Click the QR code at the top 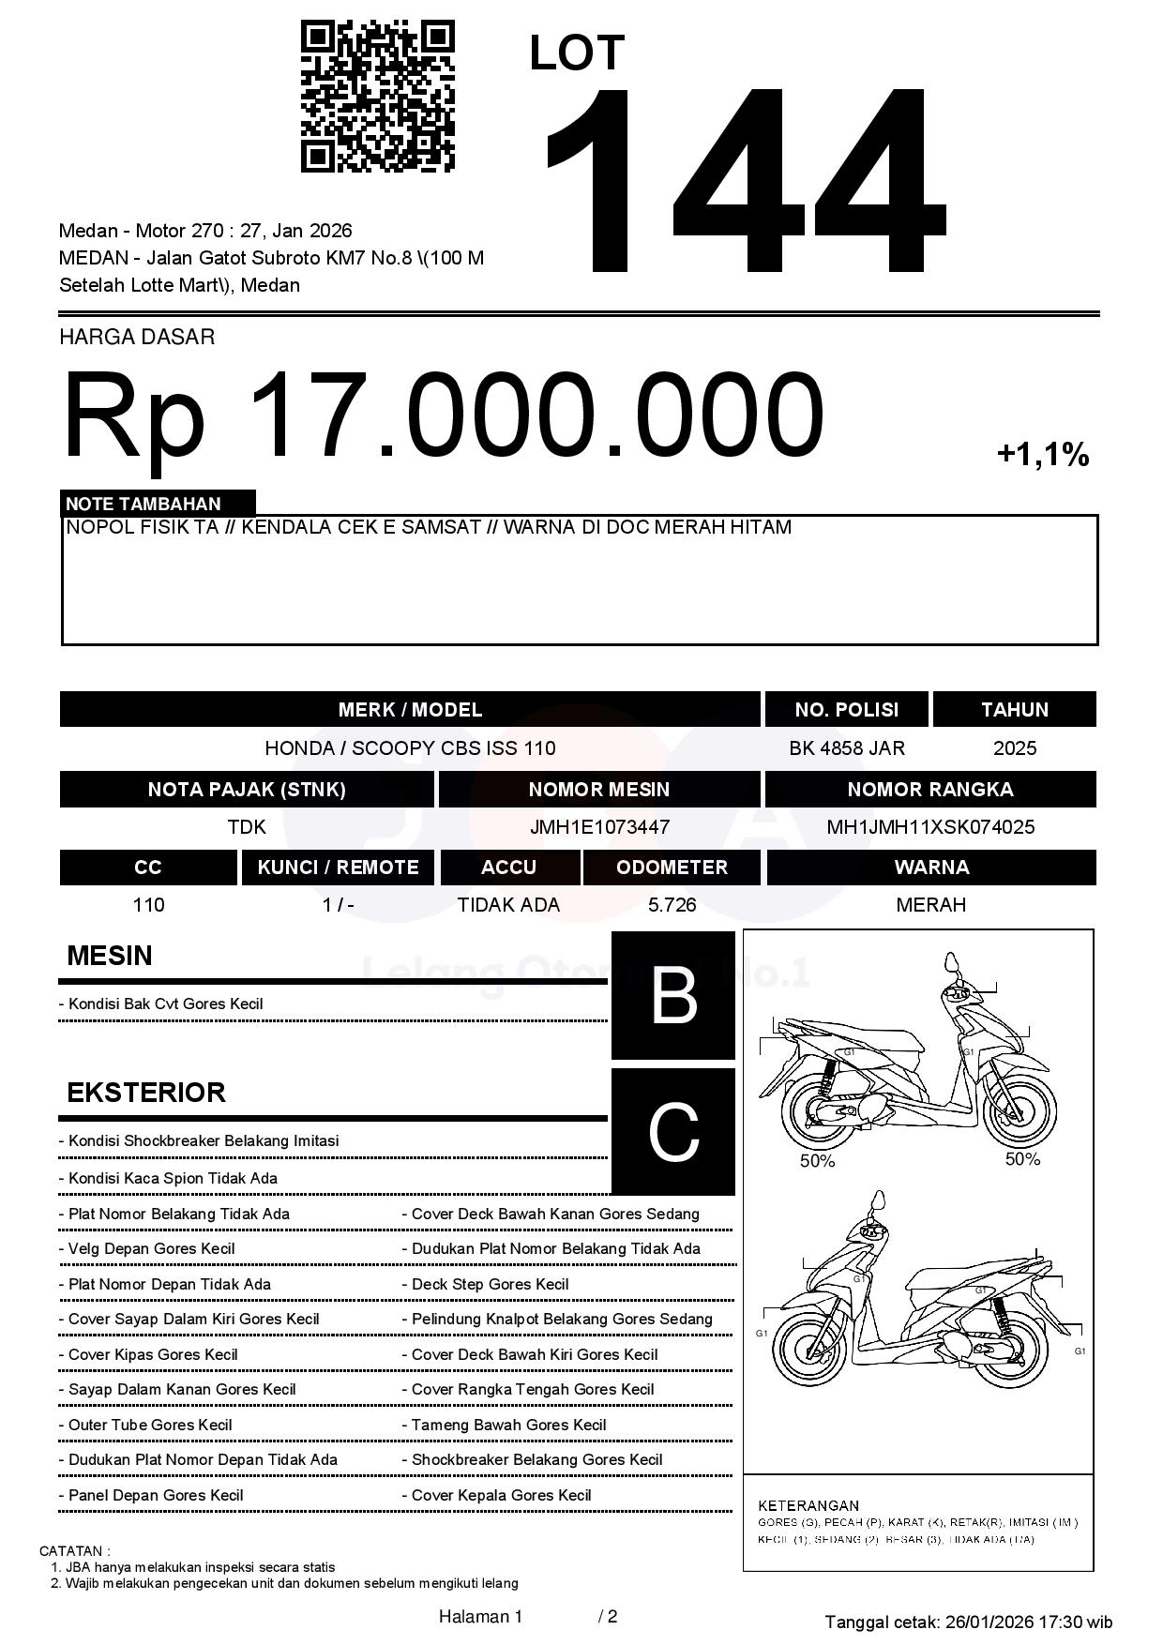[377, 98]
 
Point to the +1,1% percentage [1042, 456]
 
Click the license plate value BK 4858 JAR [847, 748]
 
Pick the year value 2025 [1015, 748]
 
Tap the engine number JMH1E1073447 [599, 827]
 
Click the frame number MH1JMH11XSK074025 [930, 827]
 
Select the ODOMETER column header [672, 868]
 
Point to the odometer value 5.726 [672, 905]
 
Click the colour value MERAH [930, 905]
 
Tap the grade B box [673, 995]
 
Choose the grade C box [673, 1132]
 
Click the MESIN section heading [110, 956]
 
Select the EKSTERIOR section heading [146, 1093]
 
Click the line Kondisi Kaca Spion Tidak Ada [173, 1179]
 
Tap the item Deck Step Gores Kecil [490, 1285]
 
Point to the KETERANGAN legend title [808, 1505]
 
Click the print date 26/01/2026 [988, 1622]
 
